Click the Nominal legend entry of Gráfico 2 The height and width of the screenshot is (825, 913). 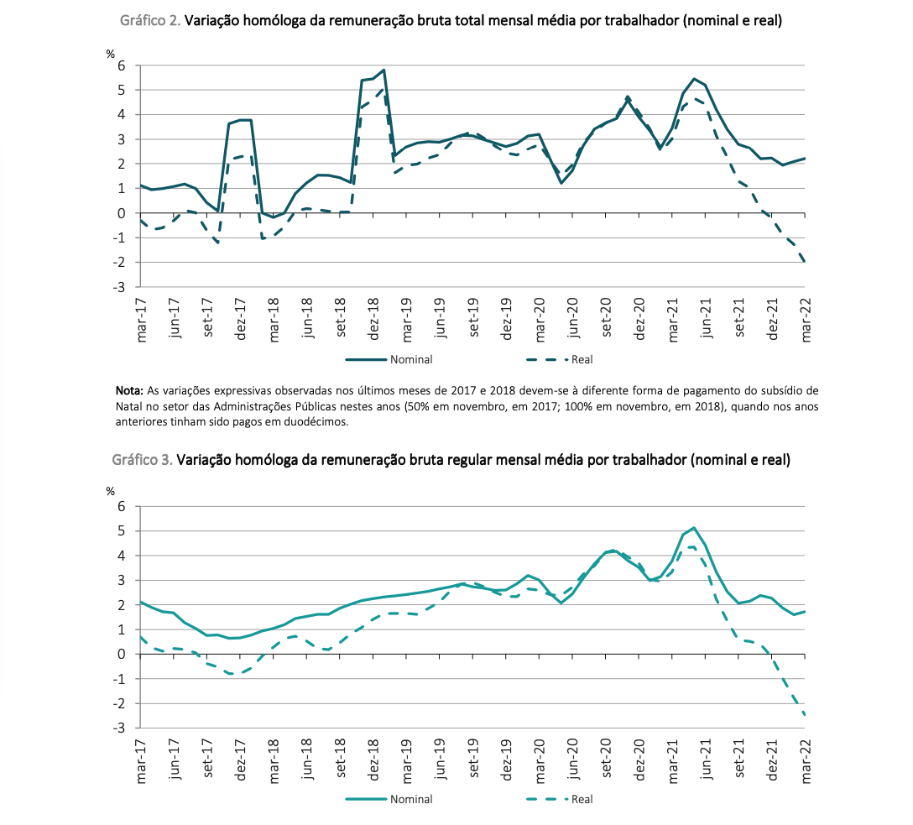(x=389, y=360)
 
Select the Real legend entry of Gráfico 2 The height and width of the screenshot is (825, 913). (x=559, y=360)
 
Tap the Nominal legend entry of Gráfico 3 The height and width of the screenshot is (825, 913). (x=389, y=799)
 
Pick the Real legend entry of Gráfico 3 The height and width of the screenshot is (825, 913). (x=559, y=799)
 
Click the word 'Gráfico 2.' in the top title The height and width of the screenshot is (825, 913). (x=150, y=21)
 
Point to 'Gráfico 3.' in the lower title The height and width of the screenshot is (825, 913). (x=142, y=460)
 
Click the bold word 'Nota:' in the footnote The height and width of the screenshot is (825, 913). (x=129, y=390)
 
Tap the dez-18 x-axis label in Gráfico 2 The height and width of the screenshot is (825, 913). (x=373, y=319)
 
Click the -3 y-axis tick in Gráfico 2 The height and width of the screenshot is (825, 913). (x=118, y=287)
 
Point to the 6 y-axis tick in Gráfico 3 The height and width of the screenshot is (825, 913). (x=121, y=507)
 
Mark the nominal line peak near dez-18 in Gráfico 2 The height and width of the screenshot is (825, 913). (x=383, y=70)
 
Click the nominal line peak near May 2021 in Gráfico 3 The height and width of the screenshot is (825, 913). (x=693, y=528)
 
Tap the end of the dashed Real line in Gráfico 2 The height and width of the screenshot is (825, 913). (x=805, y=262)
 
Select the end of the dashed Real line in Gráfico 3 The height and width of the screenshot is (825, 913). (x=805, y=714)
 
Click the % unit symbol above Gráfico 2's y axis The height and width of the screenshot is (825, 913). (x=111, y=55)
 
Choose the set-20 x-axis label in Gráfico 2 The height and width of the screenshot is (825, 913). (x=607, y=317)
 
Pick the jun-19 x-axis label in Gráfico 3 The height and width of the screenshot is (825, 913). (x=441, y=759)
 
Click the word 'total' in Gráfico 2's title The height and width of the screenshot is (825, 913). (x=469, y=21)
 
